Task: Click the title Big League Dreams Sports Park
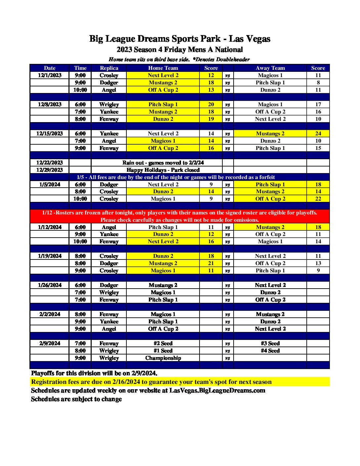(180, 39)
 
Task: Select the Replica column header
(109, 68)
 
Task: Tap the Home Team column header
(163, 68)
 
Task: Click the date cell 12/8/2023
(50, 104)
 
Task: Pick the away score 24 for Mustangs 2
(318, 133)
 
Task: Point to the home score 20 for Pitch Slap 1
(211, 104)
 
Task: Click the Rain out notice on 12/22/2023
(163, 163)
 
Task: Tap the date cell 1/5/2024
(50, 184)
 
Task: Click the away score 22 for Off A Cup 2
(318, 199)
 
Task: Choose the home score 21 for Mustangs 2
(211, 263)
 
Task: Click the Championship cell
(163, 358)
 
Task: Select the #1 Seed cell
(163, 350)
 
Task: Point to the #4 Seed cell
(270, 350)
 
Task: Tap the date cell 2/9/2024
(50, 343)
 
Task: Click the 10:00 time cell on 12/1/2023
(80, 90)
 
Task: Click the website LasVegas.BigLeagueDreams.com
(217, 390)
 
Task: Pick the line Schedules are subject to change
(76, 399)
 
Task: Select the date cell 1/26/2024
(50, 285)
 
